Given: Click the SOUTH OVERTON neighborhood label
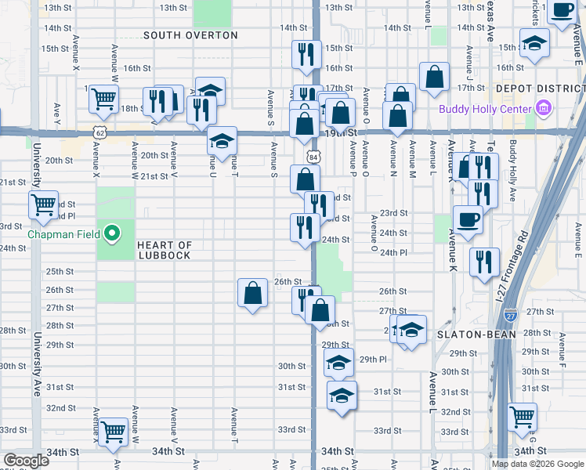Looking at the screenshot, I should [x=190, y=35].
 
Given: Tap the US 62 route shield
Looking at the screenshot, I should [x=99, y=133].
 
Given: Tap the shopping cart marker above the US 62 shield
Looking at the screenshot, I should [x=103, y=99].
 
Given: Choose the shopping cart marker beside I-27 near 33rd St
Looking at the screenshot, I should [x=523, y=417].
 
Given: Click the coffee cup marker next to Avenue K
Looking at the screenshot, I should [x=468, y=219].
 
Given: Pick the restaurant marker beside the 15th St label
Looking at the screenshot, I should [x=306, y=54].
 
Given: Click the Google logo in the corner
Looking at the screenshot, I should [x=26, y=460].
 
